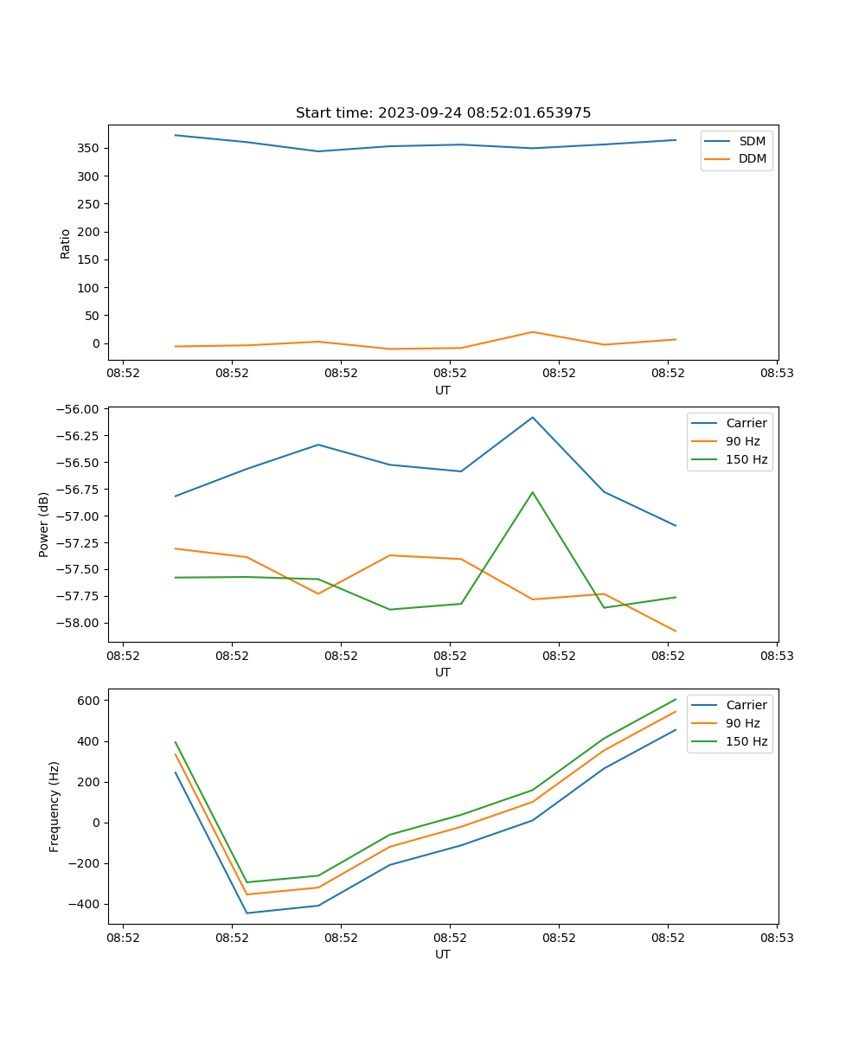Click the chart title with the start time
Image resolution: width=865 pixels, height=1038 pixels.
click(x=443, y=113)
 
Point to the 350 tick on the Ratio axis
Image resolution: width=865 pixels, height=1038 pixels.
click(x=90, y=148)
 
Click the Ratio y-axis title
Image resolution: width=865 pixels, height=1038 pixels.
click(x=66, y=243)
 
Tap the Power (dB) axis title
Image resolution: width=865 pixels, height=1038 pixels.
click(x=44, y=525)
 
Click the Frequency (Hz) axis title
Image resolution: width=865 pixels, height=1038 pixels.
click(x=54, y=807)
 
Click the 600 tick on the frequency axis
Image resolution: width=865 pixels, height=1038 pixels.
click(x=90, y=701)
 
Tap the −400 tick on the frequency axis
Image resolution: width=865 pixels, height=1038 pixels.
click(x=86, y=904)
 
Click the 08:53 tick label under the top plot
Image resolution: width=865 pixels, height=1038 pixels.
click(x=776, y=374)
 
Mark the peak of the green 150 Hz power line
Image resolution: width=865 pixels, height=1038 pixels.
click(x=533, y=492)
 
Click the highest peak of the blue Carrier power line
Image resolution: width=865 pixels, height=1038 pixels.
click(x=533, y=417)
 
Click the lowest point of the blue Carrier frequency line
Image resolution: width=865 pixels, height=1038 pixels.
click(x=247, y=913)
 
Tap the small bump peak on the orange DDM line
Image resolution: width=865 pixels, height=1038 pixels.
click(x=533, y=332)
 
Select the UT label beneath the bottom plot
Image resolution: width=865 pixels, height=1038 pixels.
click(x=443, y=954)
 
